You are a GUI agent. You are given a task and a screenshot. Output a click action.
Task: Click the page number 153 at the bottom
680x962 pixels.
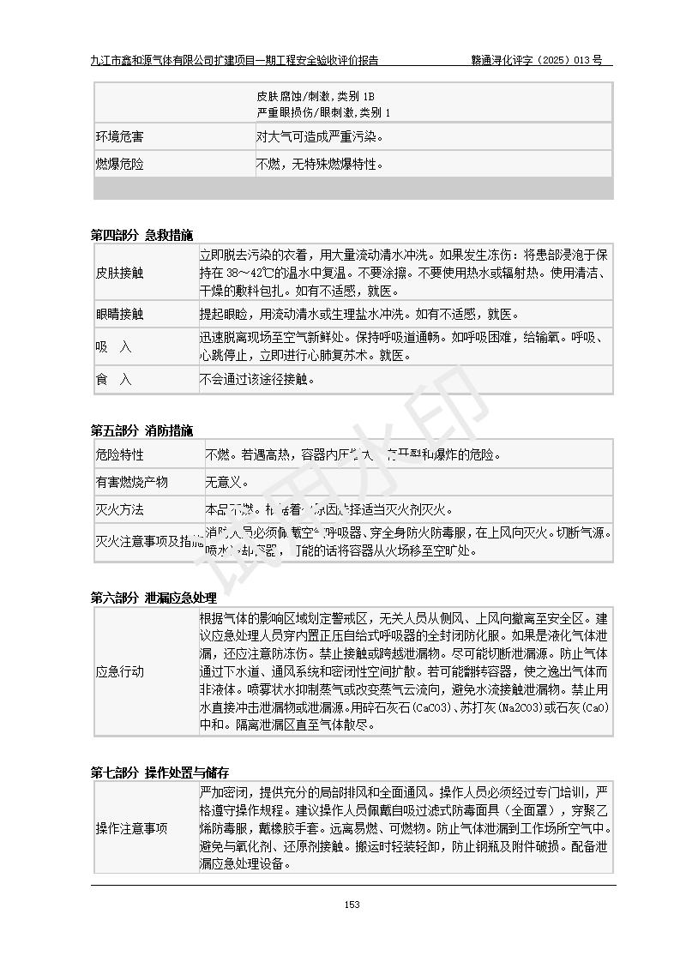[x=352, y=905]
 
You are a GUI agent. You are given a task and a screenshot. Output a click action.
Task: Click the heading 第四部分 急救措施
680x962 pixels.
[x=142, y=235]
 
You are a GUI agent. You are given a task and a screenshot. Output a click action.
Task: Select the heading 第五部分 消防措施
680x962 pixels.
[x=142, y=430]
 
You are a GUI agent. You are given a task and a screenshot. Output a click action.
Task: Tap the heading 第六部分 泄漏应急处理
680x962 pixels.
[x=153, y=598]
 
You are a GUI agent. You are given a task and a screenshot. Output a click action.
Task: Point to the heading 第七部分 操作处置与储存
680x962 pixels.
[x=159, y=773]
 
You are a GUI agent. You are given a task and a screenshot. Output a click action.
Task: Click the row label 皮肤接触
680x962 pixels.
[x=119, y=273]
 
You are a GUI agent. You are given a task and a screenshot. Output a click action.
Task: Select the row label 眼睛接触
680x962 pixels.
[x=119, y=315]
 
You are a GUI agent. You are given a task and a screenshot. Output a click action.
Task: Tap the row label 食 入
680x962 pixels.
[x=114, y=380]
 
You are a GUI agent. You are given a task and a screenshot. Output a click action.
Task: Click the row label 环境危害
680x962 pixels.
[x=119, y=136]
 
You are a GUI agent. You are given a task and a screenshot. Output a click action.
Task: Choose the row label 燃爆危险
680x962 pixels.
[x=119, y=164]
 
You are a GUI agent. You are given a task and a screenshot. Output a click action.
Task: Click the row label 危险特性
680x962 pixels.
[x=119, y=454]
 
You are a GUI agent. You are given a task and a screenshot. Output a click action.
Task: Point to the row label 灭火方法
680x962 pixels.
[x=119, y=509]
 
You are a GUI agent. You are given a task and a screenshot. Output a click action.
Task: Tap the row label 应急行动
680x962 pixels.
[x=119, y=671]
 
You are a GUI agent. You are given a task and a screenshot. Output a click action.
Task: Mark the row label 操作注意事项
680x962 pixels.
[x=131, y=828]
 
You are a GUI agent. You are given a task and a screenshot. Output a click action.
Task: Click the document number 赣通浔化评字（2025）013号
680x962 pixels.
[x=536, y=60]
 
